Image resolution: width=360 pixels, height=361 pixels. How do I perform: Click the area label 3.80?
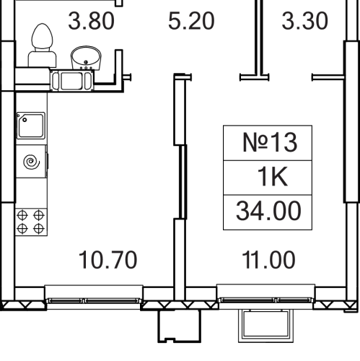pyautogui.click(x=91, y=22)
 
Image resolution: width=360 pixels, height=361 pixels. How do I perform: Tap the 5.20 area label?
pyautogui.click(x=191, y=22)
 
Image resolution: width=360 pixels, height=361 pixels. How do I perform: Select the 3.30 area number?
pyautogui.click(x=304, y=22)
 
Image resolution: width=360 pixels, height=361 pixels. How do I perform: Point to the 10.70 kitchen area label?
pyautogui.click(x=107, y=260)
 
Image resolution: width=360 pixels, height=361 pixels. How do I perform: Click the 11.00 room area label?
pyautogui.click(x=268, y=260)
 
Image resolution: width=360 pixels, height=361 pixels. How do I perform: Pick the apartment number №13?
pyautogui.click(x=270, y=142)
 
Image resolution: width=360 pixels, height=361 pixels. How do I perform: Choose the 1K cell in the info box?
pyautogui.click(x=272, y=177)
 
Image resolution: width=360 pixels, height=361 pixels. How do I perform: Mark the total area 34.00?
pyautogui.click(x=268, y=211)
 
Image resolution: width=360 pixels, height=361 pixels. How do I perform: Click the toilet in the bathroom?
pyautogui.click(x=42, y=45)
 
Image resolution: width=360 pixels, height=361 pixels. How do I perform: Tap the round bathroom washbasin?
pyautogui.click(x=86, y=58)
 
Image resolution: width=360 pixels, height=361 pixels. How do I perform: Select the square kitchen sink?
pyautogui.click(x=31, y=126)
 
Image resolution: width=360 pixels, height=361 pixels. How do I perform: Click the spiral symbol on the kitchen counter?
pyautogui.click(x=32, y=162)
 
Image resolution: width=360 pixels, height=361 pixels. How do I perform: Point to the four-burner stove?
pyautogui.click(x=31, y=222)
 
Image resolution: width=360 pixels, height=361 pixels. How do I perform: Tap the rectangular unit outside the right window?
pyautogui.click(x=265, y=326)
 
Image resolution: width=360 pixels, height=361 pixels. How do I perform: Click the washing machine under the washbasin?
pyautogui.click(x=72, y=81)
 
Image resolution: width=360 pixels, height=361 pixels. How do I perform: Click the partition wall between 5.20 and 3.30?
pyautogui.click(x=258, y=38)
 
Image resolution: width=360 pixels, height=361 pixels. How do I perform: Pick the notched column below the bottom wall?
pyautogui.click(x=179, y=326)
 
